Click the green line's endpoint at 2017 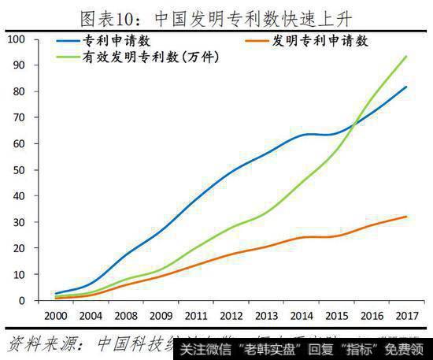[x=406, y=57]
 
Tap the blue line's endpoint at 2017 [x=406, y=87]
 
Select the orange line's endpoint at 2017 [x=406, y=217]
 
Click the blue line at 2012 [x=230, y=170]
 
